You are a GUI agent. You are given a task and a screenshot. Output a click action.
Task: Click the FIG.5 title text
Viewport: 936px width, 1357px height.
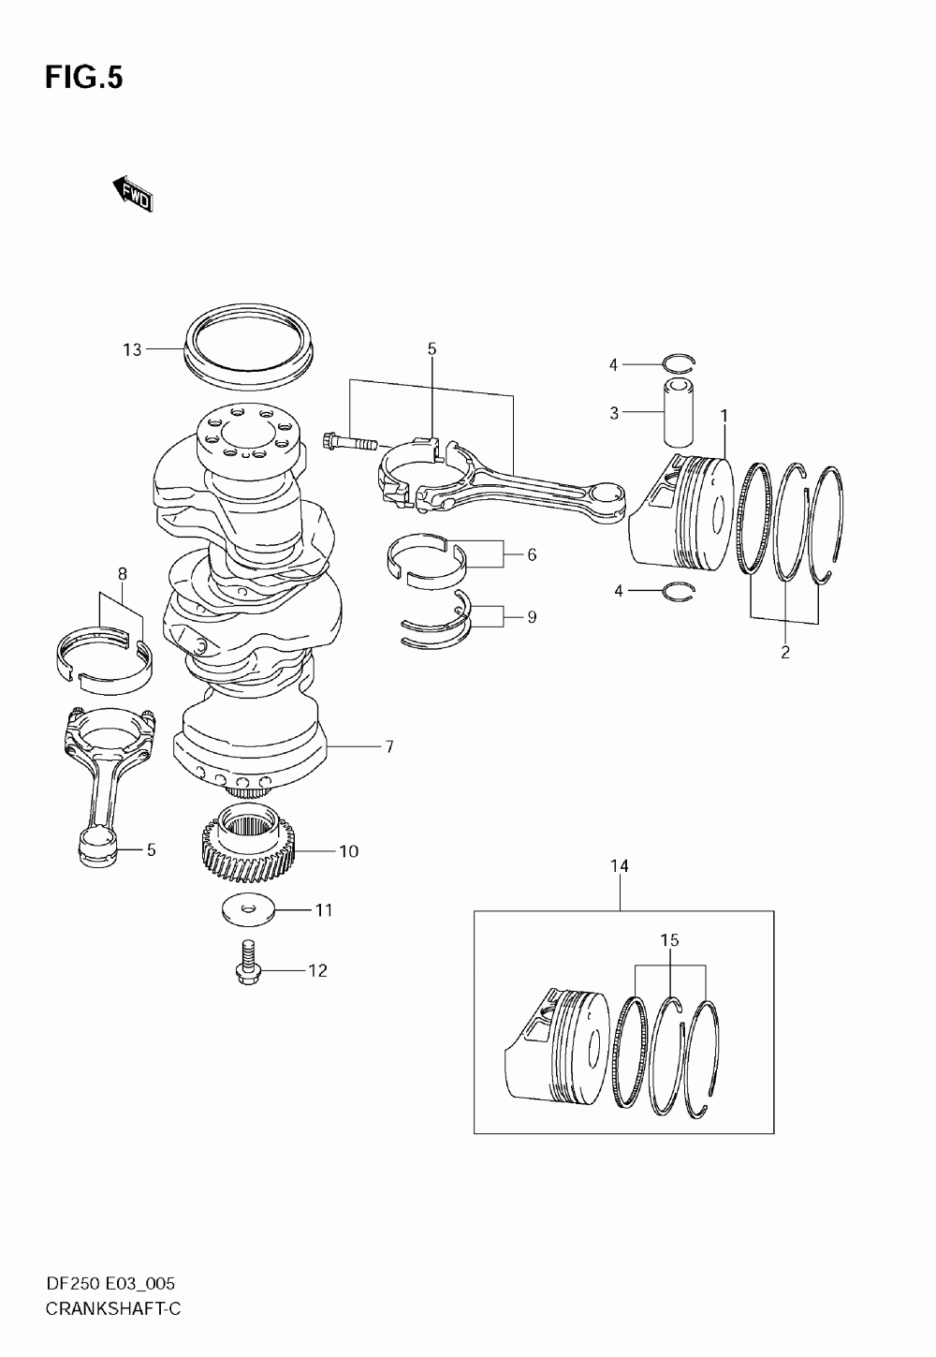[x=83, y=78]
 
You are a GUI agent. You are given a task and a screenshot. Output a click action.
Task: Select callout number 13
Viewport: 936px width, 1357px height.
[x=132, y=349]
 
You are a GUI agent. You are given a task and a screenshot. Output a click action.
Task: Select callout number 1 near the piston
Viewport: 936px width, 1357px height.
[x=724, y=414]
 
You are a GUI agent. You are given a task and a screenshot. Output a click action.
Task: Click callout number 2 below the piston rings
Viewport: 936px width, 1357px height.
[x=785, y=652]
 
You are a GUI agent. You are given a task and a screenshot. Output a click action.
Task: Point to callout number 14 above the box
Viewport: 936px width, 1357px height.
[x=620, y=866]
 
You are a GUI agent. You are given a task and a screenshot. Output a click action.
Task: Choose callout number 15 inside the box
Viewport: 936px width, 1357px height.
[x=670, y=939]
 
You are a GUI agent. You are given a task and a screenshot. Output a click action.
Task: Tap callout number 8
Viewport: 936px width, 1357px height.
[x=122, y=573]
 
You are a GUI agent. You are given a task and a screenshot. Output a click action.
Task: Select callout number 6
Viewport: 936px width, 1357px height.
[x=532, y=554]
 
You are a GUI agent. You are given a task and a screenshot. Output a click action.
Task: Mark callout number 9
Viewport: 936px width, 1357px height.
[x=532, y=617]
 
